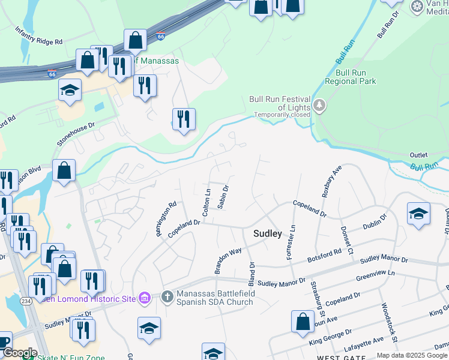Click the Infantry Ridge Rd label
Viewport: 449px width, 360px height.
coord(39,36)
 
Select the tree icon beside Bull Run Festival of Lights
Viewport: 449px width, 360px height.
coord(319,106)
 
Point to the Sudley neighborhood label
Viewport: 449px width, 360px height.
coord(267,233)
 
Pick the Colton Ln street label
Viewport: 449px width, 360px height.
coord(207,203)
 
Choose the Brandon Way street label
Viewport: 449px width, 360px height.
coord(228,260)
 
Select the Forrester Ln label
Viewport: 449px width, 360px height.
coord(291,243)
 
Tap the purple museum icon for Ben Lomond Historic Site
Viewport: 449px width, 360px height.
coord(144,298)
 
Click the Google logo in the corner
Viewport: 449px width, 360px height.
coord(19,352)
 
